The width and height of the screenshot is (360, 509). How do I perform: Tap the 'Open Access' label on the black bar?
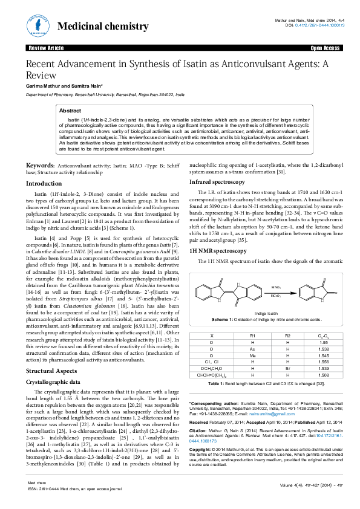click(325, 48)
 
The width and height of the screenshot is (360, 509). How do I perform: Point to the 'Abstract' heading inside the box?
click(70, 111)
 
